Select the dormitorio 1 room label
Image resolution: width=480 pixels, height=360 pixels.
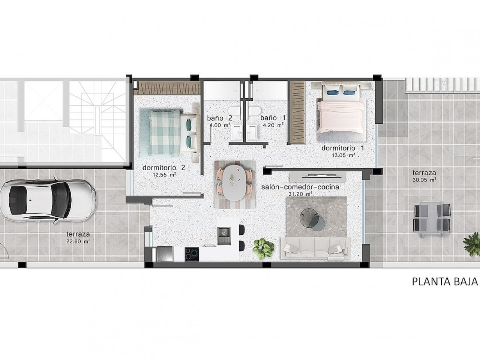[x=343, y=148]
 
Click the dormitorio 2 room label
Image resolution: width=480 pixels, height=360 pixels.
[x=164, y=168]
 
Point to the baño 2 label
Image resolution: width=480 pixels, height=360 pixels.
[x=219, y=118]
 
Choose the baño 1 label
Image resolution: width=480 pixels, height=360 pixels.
[x=273, y=118]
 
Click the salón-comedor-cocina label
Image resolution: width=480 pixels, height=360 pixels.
[x=300, y=187]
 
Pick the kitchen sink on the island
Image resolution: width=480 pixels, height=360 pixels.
[x=224, y=236]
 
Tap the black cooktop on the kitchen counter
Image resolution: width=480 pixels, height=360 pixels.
[x=192, y=254]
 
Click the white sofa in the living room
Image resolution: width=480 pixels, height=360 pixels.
[x=315, y=248]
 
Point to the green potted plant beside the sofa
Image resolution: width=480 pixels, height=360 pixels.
[x=263, y=249]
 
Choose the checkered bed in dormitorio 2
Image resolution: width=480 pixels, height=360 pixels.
[x=169, y=133]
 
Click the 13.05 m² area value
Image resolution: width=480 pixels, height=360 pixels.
[x=343, y=155]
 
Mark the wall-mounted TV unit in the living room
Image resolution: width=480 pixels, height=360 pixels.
[x=318, y=175]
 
